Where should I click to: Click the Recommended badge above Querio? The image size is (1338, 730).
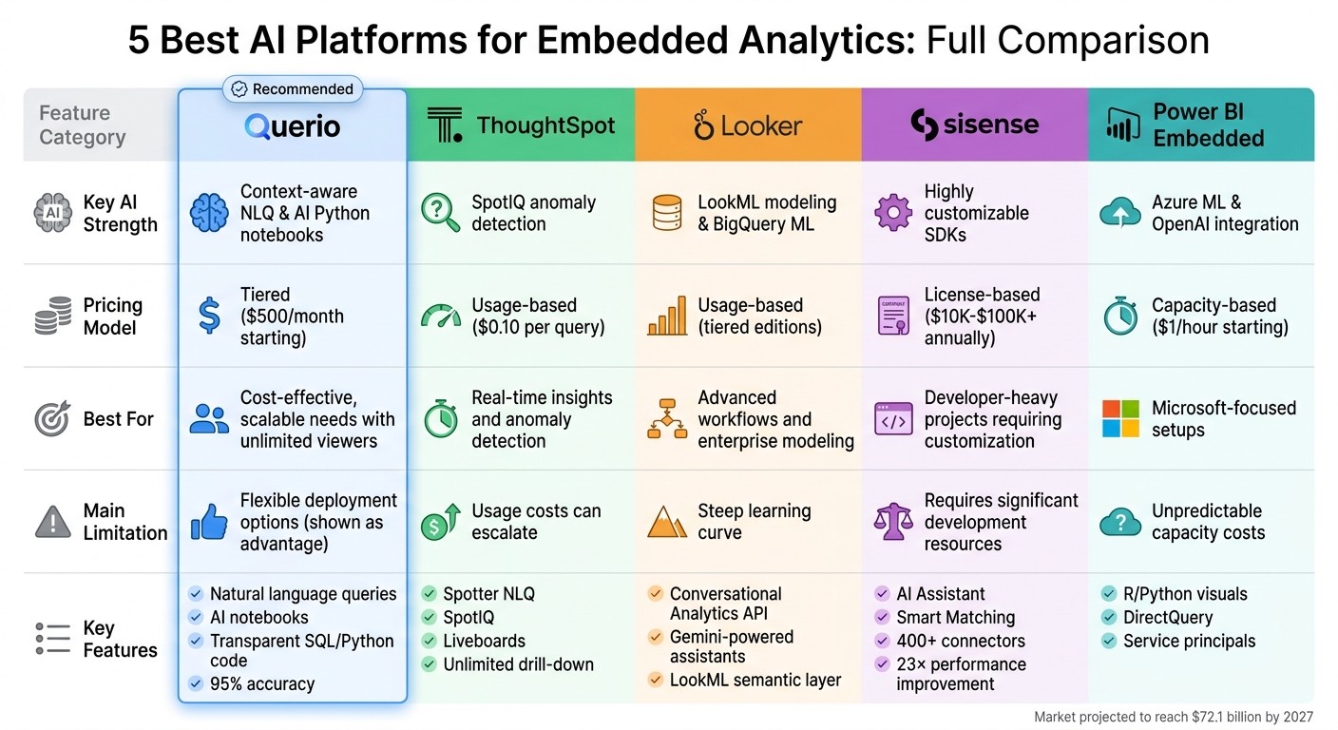(x=293, y=89)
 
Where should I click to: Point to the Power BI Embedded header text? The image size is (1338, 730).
(x=1208, y=125)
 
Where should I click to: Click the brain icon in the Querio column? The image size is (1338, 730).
(x=209, y=213)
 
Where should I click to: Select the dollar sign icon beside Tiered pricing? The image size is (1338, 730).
(x=209, y=316)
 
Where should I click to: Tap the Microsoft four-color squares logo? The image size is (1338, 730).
(x=1120, y=418)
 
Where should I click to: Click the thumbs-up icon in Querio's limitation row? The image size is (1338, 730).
(x=209, y=522)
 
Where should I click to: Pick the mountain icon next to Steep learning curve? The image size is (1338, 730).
(x=666, y=522)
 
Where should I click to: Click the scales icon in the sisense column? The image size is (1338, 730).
(x=892, y=522)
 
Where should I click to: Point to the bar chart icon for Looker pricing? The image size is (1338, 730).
(x=666, y=317)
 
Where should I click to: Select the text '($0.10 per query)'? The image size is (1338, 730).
(x=538, y=327)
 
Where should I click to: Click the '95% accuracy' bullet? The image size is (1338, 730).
(x=261, y=683)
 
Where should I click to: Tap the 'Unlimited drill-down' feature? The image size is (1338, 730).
(x=518, y=664)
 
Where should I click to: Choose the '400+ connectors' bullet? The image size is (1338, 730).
(x=961, y=641)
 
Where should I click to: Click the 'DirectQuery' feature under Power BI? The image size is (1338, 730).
(x=1168, y=617)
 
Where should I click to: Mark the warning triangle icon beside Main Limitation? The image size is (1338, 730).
(x=52, y=522)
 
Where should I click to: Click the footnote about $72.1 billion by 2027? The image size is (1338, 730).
(x=1173, y=718)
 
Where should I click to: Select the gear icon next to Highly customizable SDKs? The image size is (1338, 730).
(x=892, y=213)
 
